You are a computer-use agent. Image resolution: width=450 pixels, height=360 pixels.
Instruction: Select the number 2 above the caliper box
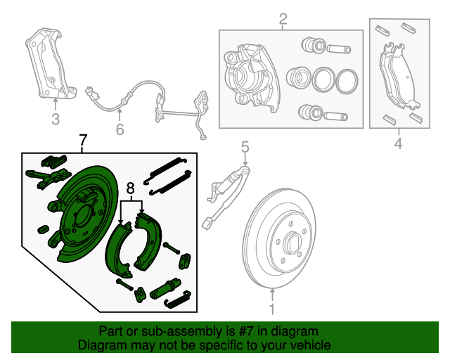point(283,20)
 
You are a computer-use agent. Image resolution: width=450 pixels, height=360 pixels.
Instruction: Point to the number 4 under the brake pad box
point(398,144)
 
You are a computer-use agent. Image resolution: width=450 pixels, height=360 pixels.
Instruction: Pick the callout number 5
point(245,147)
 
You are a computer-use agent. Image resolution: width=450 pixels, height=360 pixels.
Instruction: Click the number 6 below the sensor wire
point(120,129)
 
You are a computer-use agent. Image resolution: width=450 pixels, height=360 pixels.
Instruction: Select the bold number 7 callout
point(83,141)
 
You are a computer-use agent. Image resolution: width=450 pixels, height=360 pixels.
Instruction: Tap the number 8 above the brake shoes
point(130,188)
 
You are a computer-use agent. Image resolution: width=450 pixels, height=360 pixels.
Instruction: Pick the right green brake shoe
point(150,239)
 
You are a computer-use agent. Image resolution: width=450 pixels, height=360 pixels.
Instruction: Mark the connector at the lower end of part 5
point(207,225)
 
